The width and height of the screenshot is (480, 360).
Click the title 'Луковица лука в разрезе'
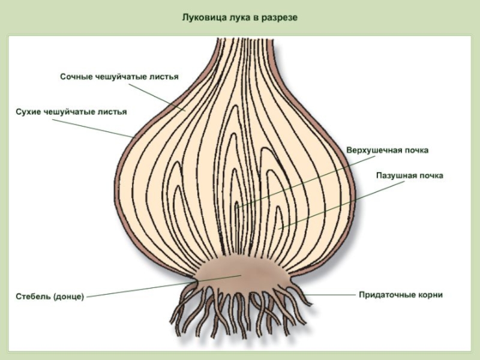(240, 18)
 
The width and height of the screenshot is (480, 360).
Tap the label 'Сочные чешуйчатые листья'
(119, 77)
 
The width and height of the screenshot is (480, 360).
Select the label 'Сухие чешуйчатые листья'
(71, 112)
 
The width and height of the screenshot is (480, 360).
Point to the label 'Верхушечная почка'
(388, 150)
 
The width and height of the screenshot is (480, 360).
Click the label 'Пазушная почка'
(410, 176)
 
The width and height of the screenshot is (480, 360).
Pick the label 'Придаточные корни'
(401, 295)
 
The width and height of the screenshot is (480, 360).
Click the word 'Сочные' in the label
(76, 77)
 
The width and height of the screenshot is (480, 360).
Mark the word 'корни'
(430, 295)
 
